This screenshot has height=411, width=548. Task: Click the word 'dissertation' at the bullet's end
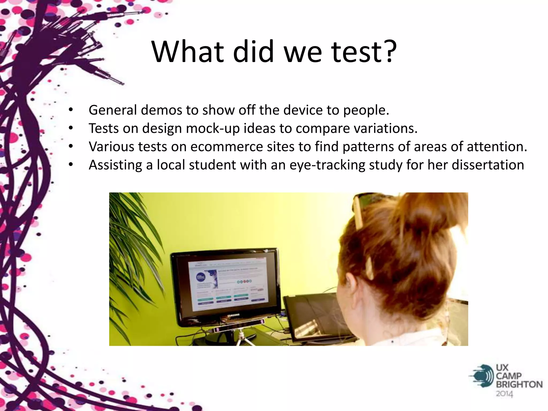click(x=488, y=165)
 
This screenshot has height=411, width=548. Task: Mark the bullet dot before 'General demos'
click(x=71, y=110)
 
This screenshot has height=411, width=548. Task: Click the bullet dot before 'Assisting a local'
click(x=71, y=165)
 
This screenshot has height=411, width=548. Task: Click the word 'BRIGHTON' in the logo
click(x=519, y=385)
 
